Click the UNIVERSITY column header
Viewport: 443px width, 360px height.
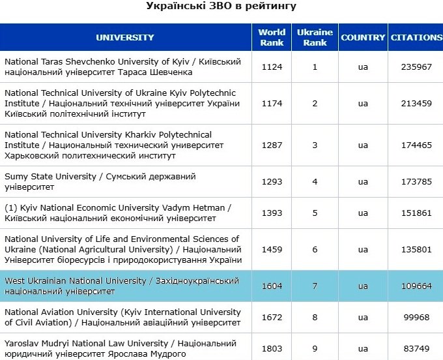click(125, 37)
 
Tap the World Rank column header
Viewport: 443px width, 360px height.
click(272, 37)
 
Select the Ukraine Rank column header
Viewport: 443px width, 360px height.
click(315, 37)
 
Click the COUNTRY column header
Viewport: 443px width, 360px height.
click(363, 37)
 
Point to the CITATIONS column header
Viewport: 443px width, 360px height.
click(416, 37)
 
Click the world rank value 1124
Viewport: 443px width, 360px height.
click(272, 67)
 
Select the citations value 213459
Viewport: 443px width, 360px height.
click(416, 104)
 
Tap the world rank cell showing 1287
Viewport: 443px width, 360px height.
click(272, 145)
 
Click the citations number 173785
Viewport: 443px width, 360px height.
click(416, 181)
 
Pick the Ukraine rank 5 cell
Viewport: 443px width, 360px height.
click(315, 213)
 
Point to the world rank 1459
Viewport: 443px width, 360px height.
click(272, 249)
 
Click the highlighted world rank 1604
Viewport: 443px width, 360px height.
click(272, 286)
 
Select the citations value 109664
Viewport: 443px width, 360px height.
click(416, 286)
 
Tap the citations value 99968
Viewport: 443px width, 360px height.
click(416, 318)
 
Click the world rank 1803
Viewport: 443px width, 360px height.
click(272, 349)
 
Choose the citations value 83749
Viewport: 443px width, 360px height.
click(416, 349)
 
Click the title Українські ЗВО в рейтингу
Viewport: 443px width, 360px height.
click(221, 6)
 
